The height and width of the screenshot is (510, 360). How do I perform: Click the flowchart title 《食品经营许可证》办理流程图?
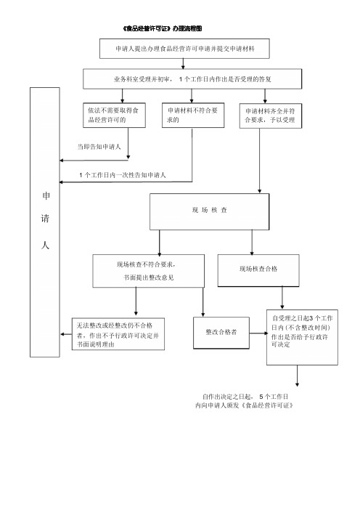point(163,28)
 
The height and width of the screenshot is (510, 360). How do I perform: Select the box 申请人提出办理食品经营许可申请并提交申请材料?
point(184,49)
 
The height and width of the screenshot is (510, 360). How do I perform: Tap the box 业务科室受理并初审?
point(192,78)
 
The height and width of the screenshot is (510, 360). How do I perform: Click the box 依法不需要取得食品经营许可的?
point(114,115)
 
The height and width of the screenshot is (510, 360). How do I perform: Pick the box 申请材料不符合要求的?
point(193,115)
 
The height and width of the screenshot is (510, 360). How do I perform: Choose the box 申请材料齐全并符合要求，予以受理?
point(271,116)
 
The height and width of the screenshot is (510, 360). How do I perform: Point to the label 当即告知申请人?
point(99,147)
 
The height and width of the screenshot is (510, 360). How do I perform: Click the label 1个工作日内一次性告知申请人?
point(123,175)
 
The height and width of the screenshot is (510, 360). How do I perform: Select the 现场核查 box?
point(209,211)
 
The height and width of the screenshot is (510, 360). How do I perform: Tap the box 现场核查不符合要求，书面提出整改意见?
point(149,271)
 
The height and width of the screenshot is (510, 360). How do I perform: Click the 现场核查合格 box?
point(258,270)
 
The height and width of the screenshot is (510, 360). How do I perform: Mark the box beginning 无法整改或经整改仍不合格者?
point(118,334)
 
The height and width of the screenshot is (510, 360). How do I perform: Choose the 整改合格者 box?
point(221,333)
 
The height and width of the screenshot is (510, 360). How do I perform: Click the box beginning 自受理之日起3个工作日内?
point(302,337)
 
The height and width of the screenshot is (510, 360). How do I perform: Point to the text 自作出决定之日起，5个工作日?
point(245,397)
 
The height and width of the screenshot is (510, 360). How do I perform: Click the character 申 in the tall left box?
point(46,196)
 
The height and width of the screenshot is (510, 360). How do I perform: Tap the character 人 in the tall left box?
point(45,245)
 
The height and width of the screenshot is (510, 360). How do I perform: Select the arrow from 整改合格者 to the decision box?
point(258,333)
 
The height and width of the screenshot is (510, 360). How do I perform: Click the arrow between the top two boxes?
point(183,64)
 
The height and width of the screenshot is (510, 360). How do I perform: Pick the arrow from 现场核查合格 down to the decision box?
point(282,298)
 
